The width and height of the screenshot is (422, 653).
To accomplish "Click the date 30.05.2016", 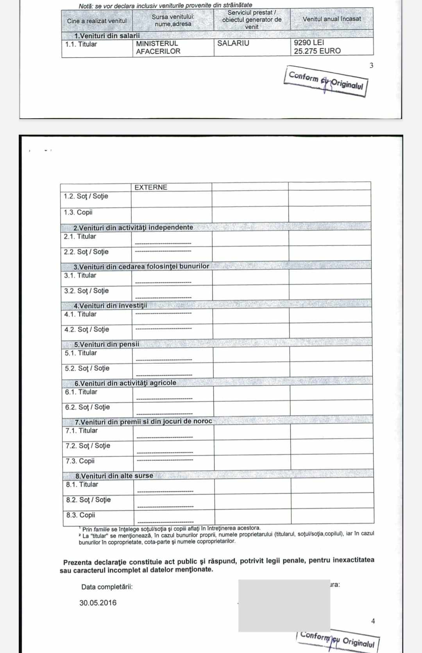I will point(98,603).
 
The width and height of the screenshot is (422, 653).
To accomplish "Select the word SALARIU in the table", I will point(233,43).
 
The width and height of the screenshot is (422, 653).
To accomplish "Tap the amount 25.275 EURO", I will point(317,51).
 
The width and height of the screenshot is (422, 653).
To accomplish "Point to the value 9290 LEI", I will point(309,42).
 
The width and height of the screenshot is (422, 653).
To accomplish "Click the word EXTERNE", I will point(151,187).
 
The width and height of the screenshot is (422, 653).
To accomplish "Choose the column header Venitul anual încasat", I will point(332,19).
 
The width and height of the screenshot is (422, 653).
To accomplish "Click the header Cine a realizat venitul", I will point(97,21).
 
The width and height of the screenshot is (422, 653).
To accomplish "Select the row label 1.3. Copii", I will point(78,212).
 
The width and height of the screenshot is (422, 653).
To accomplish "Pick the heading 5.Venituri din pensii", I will point(107,344).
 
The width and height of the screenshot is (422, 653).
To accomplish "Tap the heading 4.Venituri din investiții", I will point(110,305).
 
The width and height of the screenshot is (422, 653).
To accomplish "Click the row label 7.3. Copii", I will point(80,461).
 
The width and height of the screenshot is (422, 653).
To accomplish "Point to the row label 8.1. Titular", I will point(82,484).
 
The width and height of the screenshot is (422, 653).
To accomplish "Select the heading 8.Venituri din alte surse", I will point(114,476).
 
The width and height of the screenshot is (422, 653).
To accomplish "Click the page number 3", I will point(371,65).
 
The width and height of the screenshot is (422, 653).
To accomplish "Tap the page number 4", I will point(373,621).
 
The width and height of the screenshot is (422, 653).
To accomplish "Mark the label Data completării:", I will point(107,587).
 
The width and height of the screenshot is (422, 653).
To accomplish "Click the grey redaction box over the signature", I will point(284,605).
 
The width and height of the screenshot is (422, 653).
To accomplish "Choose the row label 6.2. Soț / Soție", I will point(88,407).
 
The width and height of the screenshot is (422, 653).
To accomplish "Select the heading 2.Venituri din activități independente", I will point(133,227).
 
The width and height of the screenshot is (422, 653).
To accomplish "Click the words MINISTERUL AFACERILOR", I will point(158,47).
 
